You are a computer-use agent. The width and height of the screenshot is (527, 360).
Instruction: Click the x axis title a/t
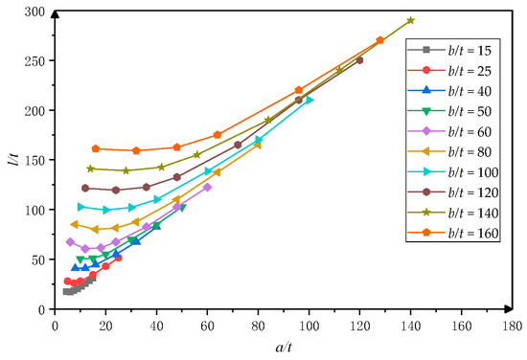coord(283,347)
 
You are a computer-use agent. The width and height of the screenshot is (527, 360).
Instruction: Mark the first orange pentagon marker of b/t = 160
coord(96,148)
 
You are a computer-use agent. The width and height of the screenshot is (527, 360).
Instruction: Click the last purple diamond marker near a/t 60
coord(207,187)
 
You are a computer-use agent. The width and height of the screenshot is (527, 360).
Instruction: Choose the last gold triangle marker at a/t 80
coord(258,145)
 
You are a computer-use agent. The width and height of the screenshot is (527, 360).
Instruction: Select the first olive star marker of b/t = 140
coord(90,169)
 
